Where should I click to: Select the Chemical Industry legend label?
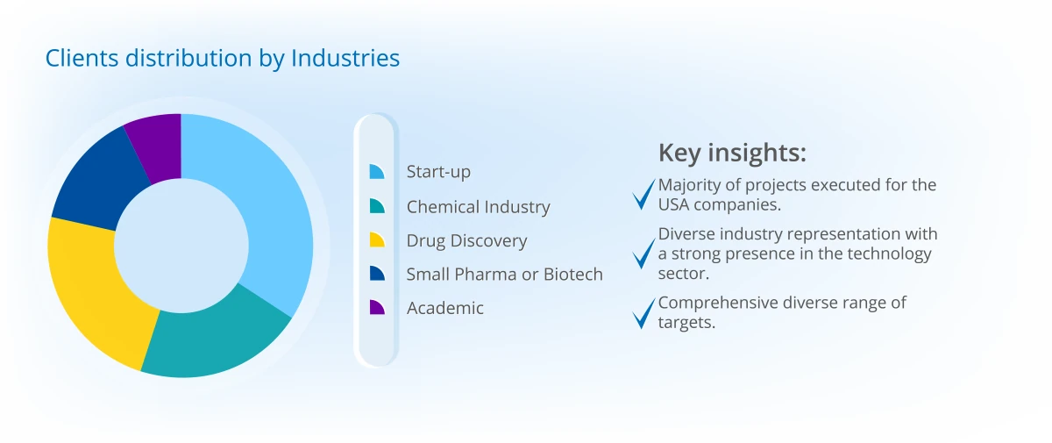pyautogui.click(x=478, y=207)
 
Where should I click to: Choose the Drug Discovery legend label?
pyautogui.click(x=466, y=241)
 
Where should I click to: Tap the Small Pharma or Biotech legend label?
pyautogui.click(x=504, y=275)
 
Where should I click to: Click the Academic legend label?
pyautogui.click(x=444, y=308)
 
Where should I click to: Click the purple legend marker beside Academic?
pyautogui.click(x=377, y=307)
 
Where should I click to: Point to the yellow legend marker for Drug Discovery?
pyautogui.click(x=377, y=239)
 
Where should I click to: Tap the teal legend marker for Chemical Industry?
pyautogui.click(x=377, y=206)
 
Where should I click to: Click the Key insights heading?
pyautogui.click(x=732, y=153)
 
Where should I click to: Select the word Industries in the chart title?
pyautogui.click(x=345, y=58)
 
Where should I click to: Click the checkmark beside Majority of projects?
pyautogui.click(x=643, y=194)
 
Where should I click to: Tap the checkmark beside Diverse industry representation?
pyautogui.click(x=643, y=254)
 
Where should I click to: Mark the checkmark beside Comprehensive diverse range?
pyautogui.click(x=643, y=313)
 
